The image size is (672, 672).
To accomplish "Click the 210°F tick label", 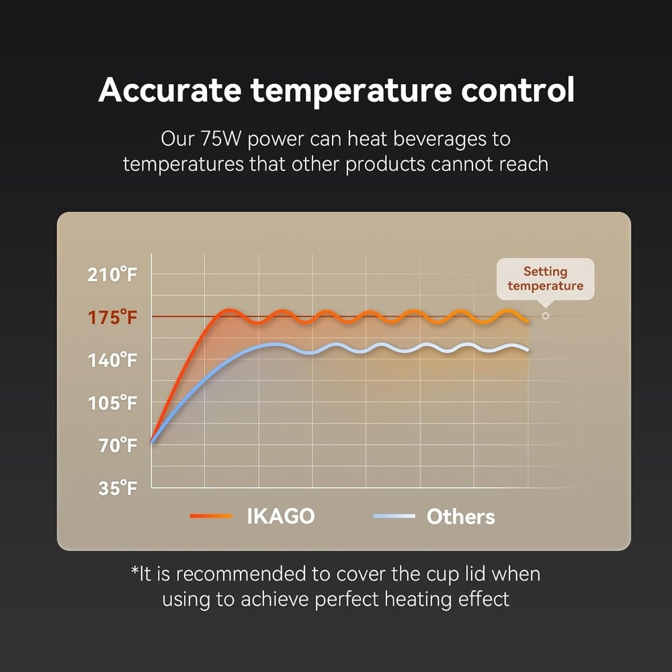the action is [x=112, y=274].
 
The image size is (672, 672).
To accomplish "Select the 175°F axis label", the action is [x=112, y=318].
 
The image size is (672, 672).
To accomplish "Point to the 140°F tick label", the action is [x=112, y=360].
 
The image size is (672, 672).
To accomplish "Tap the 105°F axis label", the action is [x=112, y=403].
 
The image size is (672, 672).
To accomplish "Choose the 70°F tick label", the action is [x=118, y=446].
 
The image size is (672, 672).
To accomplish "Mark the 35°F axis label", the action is [x=118, y=488].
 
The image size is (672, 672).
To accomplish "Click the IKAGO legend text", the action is [x=281, y=516].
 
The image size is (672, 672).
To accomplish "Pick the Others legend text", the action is [x=461, y=516].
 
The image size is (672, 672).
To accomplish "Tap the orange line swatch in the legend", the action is [x=211, y=516].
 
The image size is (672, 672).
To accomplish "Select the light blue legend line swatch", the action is [x=394, y=516].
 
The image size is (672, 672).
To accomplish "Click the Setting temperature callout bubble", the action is [x=545, y=279].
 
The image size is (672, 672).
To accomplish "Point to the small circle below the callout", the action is [x=546, y=316].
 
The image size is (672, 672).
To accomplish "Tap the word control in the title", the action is [x=517, y=90].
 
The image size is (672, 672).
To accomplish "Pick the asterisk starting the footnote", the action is [x=135, y=571].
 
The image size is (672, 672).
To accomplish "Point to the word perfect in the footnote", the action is [x=346, y=599].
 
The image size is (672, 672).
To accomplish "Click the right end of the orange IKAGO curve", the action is [x=528, y=321].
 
